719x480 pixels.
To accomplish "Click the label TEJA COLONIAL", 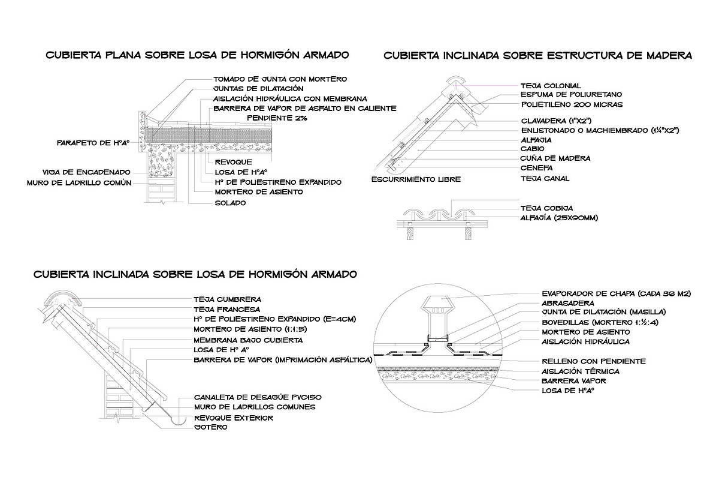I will coord(551,86).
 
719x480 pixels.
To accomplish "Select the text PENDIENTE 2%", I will coord(277,119).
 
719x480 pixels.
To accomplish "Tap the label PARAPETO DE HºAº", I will coord(93,143).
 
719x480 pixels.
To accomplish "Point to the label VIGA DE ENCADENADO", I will coord(86,172).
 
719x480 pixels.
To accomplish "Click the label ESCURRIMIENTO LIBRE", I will coord(416,179).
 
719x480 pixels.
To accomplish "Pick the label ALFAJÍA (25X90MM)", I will coord(559,218).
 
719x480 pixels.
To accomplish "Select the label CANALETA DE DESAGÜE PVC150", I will coord(254,397).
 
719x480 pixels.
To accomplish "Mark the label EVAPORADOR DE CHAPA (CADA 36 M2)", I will coord(617,293).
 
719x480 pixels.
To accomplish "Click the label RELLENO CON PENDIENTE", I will coord(593,361).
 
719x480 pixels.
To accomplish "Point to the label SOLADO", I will coord(230,203).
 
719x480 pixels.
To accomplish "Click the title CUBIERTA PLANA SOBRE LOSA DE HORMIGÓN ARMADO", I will coord(197,55).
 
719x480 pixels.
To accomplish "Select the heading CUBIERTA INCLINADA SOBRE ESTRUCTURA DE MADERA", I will coord(537,55).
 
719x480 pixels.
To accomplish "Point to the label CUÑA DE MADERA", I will coord(555,158).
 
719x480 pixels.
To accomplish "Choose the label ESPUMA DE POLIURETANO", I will coord(570,95).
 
